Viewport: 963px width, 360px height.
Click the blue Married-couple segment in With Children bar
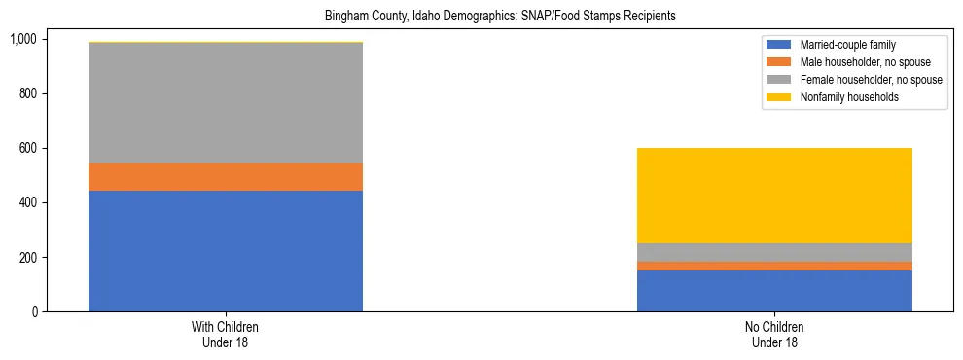pos(226,251)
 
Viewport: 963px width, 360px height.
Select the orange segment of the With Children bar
pos(226,177)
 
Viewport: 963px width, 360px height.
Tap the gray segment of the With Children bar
pos(226,103)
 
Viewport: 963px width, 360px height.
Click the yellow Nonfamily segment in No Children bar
pos(774,196)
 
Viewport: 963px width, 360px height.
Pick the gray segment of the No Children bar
pos(774,252)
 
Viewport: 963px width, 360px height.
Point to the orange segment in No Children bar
pos(774,266)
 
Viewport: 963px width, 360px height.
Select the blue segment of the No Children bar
pos(774,291)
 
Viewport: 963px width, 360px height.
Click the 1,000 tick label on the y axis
pos(22,39)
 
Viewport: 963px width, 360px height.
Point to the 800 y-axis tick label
pos(27,93)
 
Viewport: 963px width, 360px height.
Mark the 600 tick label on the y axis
pos(27,148)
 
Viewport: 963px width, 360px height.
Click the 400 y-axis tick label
pos(27,202)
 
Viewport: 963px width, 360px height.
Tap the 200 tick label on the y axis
pos(27,258)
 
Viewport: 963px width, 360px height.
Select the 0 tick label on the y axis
pos(33,312)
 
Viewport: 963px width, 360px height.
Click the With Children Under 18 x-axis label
pos(226,335)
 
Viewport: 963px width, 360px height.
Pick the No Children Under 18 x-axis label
pos(774,335)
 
